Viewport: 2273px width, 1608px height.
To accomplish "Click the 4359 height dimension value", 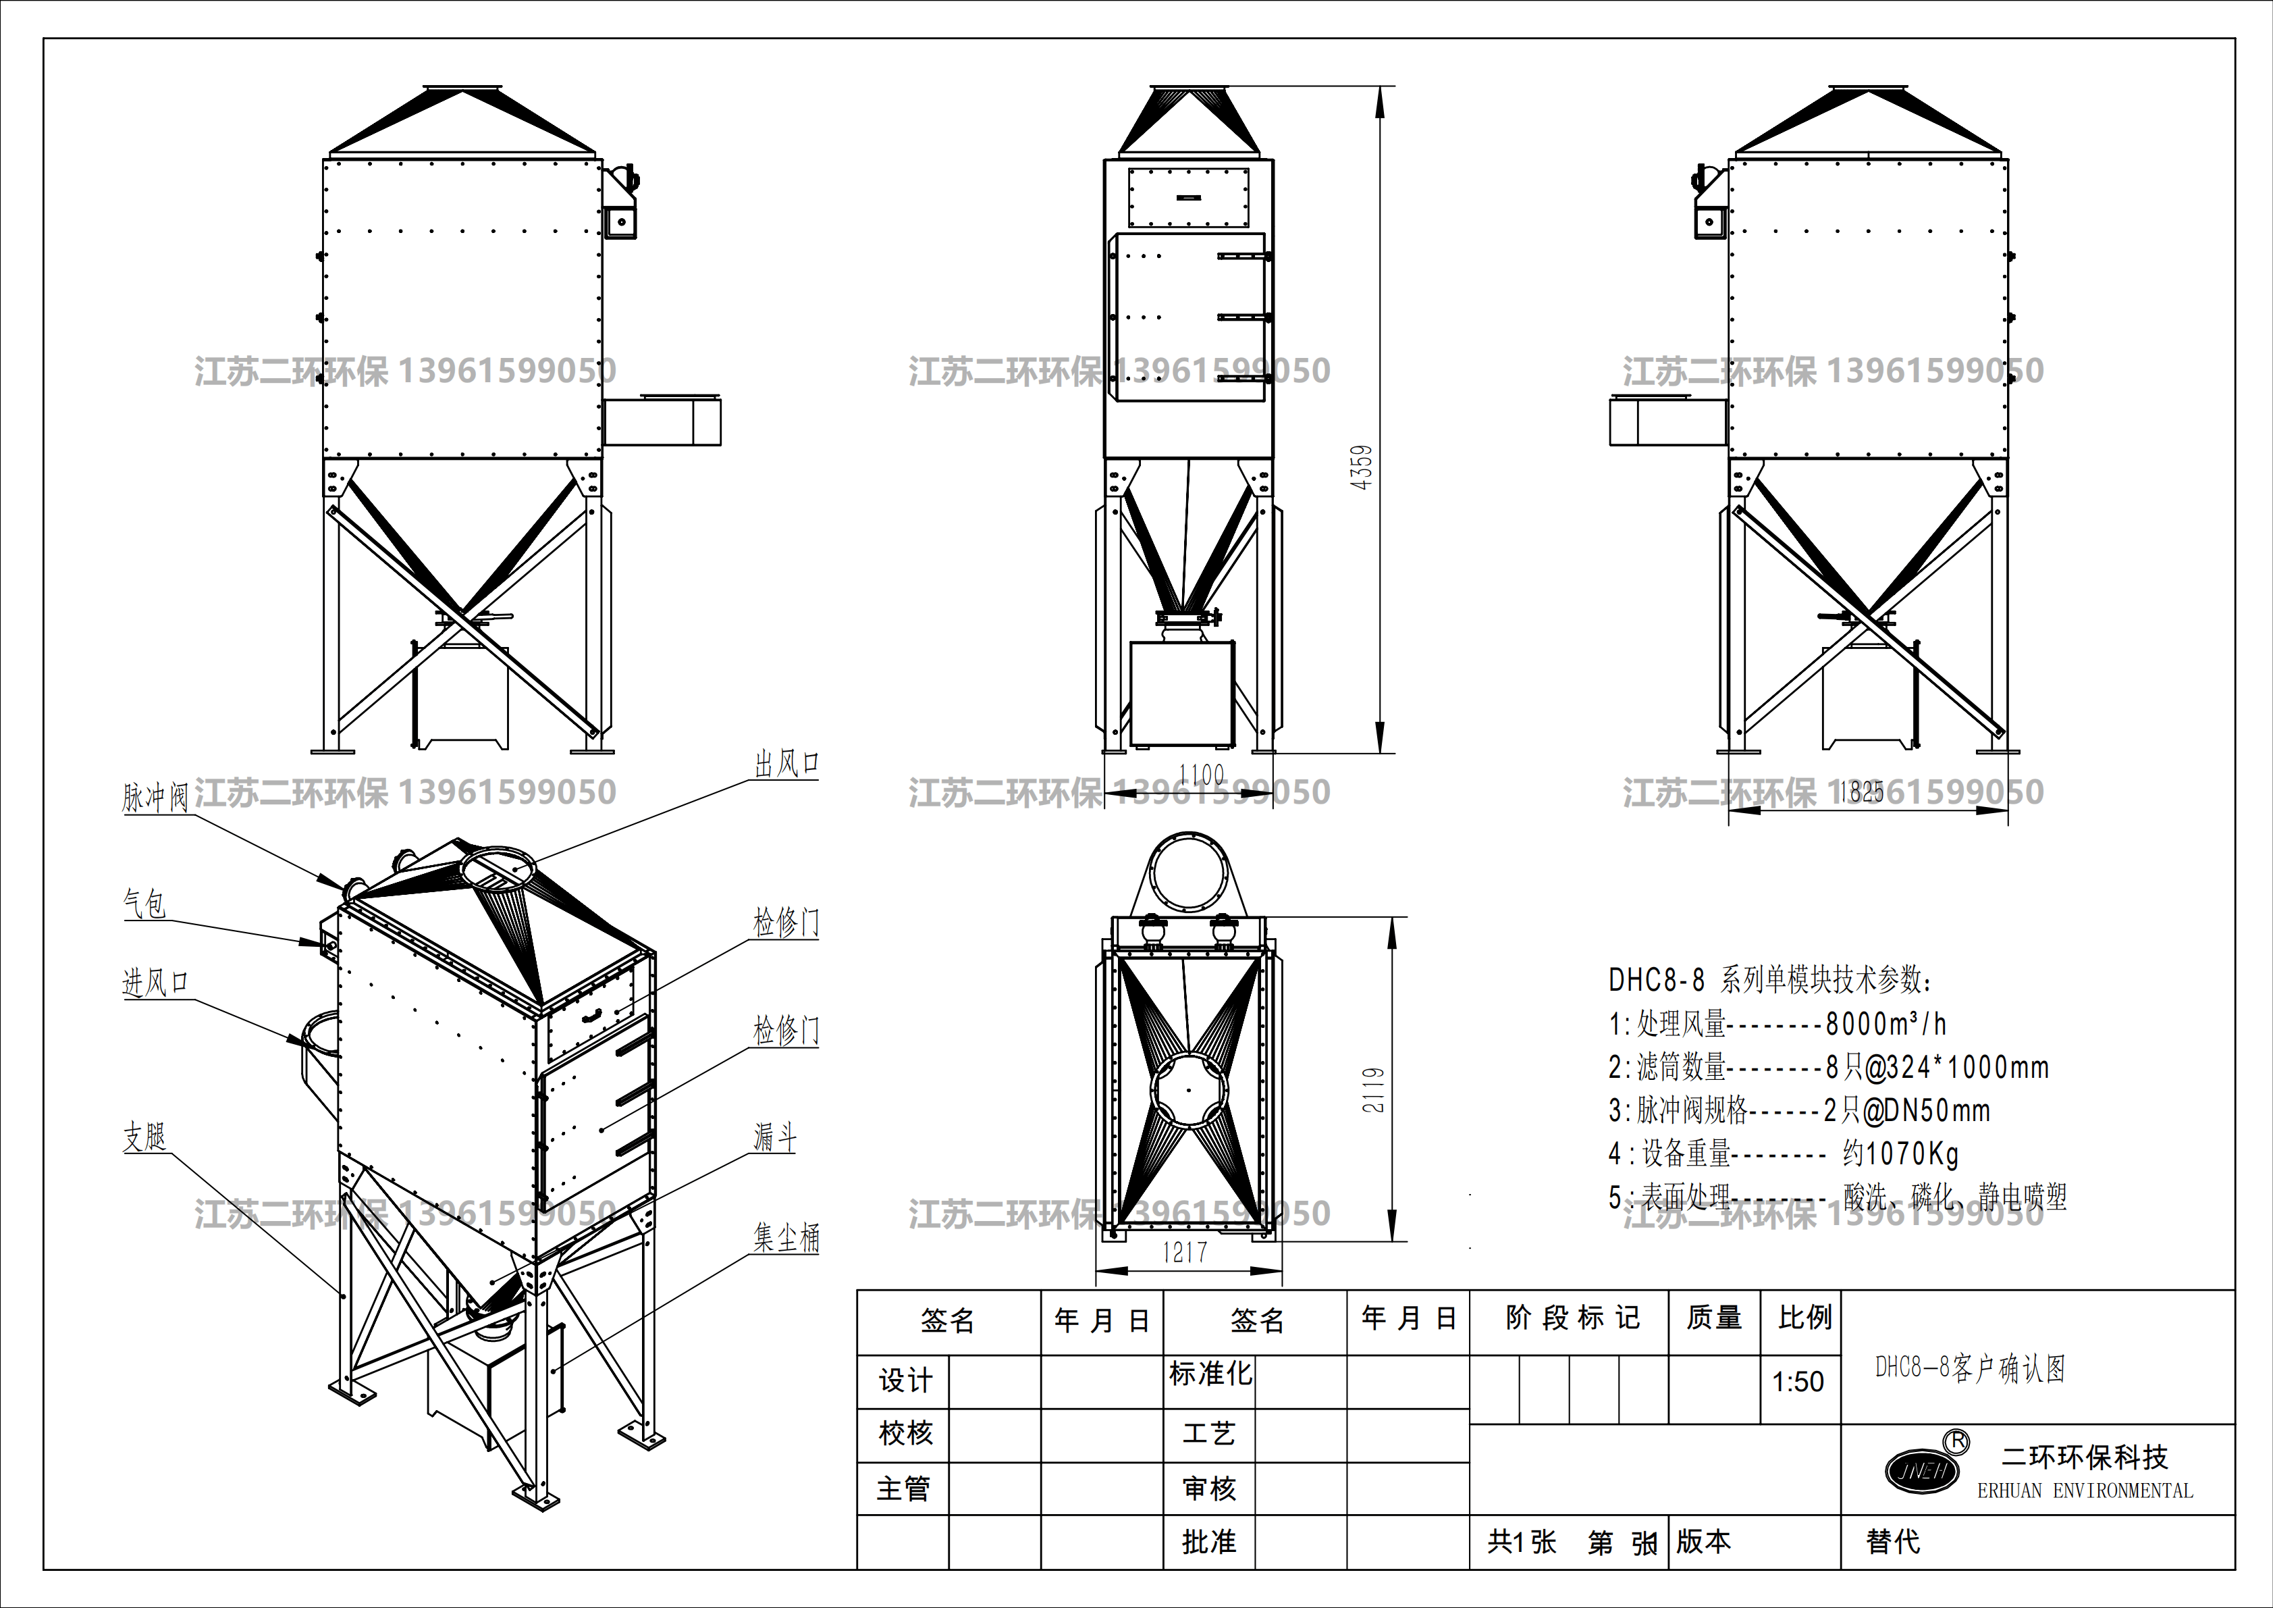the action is click(1362, 467).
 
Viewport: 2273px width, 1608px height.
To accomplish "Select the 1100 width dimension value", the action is click(1201, 775).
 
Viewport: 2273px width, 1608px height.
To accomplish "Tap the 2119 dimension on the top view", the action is click(1374, 1089).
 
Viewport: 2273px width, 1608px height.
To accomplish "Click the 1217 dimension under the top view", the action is click(1185, 1253).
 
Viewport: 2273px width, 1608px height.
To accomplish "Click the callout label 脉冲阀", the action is click(155, 797).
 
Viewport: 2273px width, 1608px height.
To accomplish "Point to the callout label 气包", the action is click(144, 903).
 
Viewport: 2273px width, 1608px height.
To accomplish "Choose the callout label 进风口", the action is click(155, 982).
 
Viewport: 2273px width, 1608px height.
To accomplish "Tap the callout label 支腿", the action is click(144, 1136).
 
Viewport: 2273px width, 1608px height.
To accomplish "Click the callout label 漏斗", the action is click(775, 1137).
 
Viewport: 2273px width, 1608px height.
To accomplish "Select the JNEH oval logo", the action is click(1921, 1470).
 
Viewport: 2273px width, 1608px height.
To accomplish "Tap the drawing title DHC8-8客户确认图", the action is click(1970, 1368).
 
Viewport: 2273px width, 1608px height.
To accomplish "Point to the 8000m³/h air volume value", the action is click(1886, 1023).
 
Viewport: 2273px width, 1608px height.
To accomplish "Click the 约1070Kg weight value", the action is click(1901, 1153).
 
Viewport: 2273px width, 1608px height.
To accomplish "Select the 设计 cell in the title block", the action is click(905, 1380).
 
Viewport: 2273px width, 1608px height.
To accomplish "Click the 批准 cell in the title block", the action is click(1209, 1542).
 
